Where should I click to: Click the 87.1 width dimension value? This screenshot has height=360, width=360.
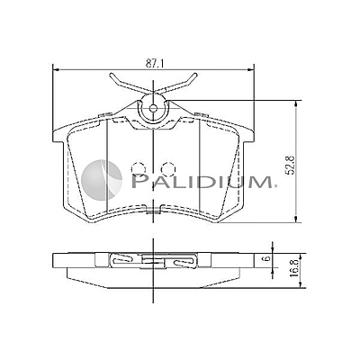pos(154,63)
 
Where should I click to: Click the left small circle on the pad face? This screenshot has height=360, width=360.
pos(138,167)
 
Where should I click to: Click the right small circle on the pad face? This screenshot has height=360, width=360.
pos(167,167)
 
